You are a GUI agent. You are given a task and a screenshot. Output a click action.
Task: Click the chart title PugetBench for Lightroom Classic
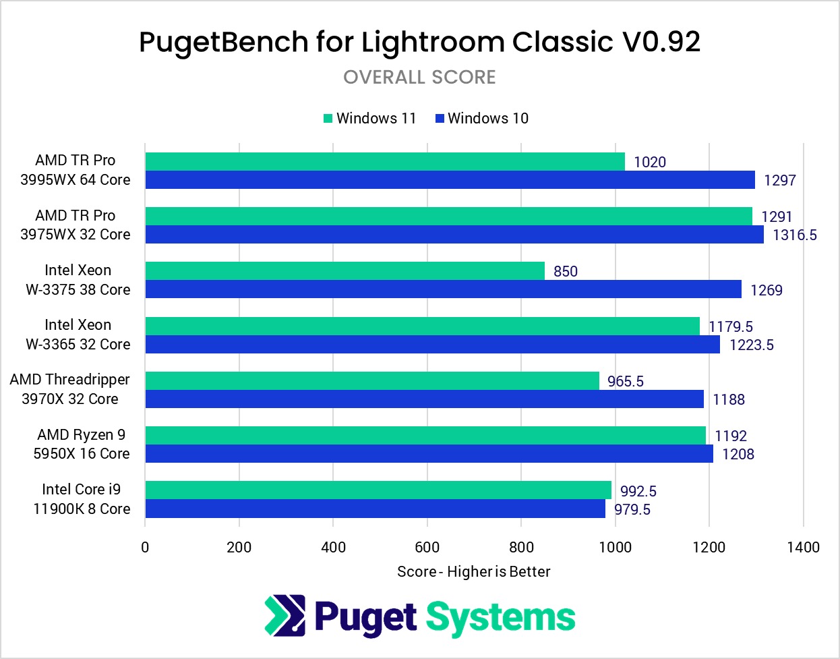coord(419,42)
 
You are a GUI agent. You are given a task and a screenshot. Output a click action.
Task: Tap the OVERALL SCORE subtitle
coord(419,78)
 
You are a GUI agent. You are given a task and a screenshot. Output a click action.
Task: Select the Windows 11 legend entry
coord(370,119)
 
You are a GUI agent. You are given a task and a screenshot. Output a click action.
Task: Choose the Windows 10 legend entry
coord(482,119)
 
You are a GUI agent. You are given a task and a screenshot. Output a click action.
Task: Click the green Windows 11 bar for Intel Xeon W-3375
coord(344,271)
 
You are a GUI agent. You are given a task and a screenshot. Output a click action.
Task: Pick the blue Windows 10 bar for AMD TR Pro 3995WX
coord(450,180)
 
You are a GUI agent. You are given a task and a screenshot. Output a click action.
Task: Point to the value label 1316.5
coord(795,235)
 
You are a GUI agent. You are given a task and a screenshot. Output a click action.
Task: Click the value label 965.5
coord(625,382)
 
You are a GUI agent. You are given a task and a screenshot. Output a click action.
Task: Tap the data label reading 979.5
coord(632,510)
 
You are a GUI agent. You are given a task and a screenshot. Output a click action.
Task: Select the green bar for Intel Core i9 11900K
coord(378,490)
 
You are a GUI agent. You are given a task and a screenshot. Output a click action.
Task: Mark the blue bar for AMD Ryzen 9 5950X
coord(429,454)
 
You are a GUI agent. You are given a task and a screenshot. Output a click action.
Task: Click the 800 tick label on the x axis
coord(521,547)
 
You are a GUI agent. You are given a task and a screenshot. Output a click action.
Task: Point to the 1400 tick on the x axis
coord(803,547)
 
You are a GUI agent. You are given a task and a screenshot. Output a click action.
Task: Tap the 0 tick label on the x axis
coord(145,547)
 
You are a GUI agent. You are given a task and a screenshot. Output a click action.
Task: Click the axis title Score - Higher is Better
coord(473,572)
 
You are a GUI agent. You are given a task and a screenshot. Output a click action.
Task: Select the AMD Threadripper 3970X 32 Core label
coord(70,389)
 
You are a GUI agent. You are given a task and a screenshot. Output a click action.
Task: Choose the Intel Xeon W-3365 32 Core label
coord(78,335)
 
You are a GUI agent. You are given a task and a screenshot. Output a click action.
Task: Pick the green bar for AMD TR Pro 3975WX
coord(448,217)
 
